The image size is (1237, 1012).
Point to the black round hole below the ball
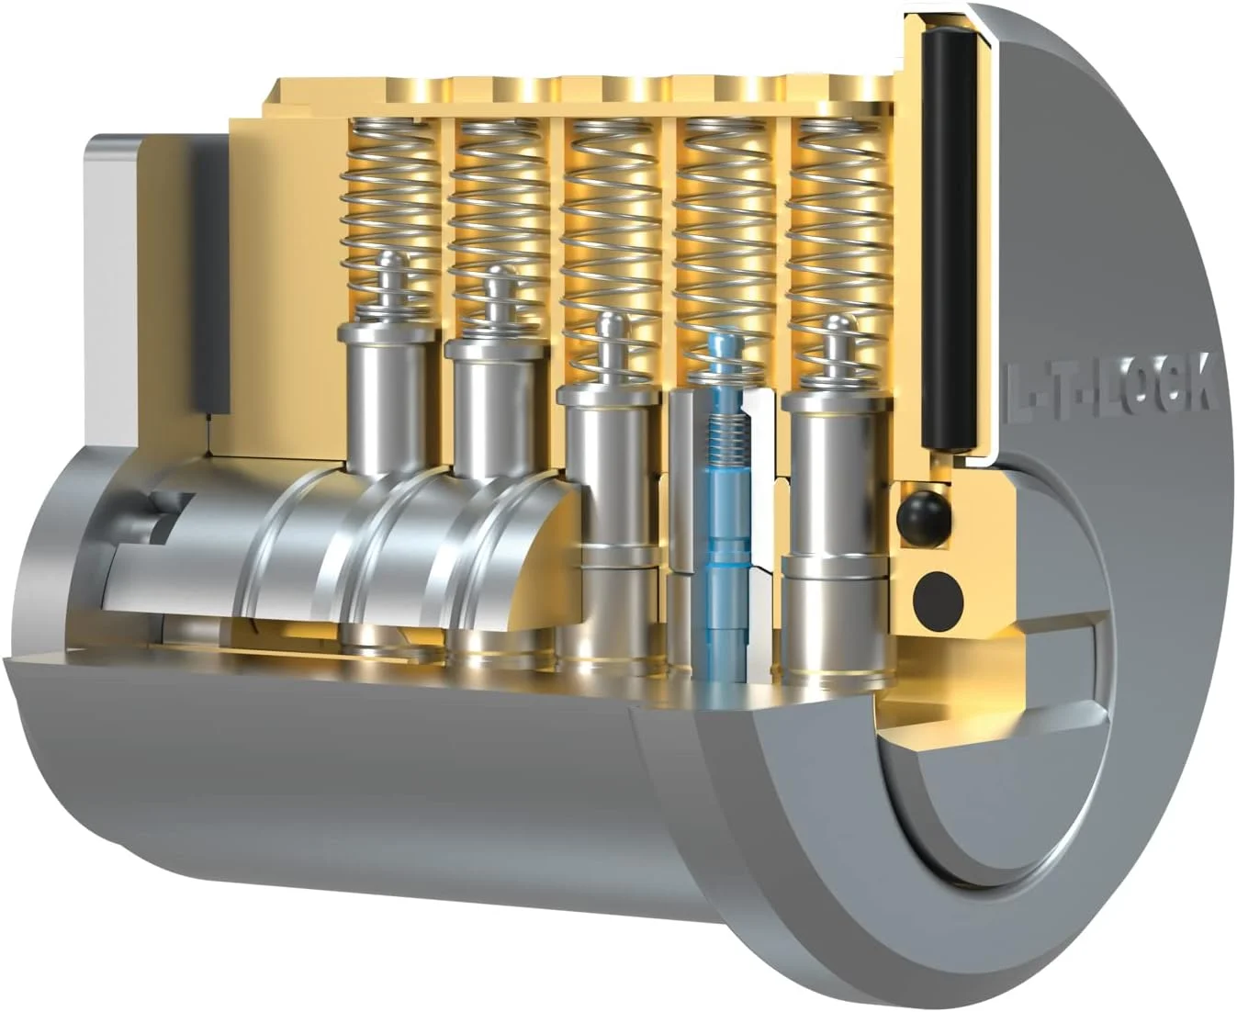pos(937,596)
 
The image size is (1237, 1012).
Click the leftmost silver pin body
pos(387,395)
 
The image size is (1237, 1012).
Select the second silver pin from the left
pos(496,404)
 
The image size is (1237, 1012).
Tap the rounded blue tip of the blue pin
pos(726,345)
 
